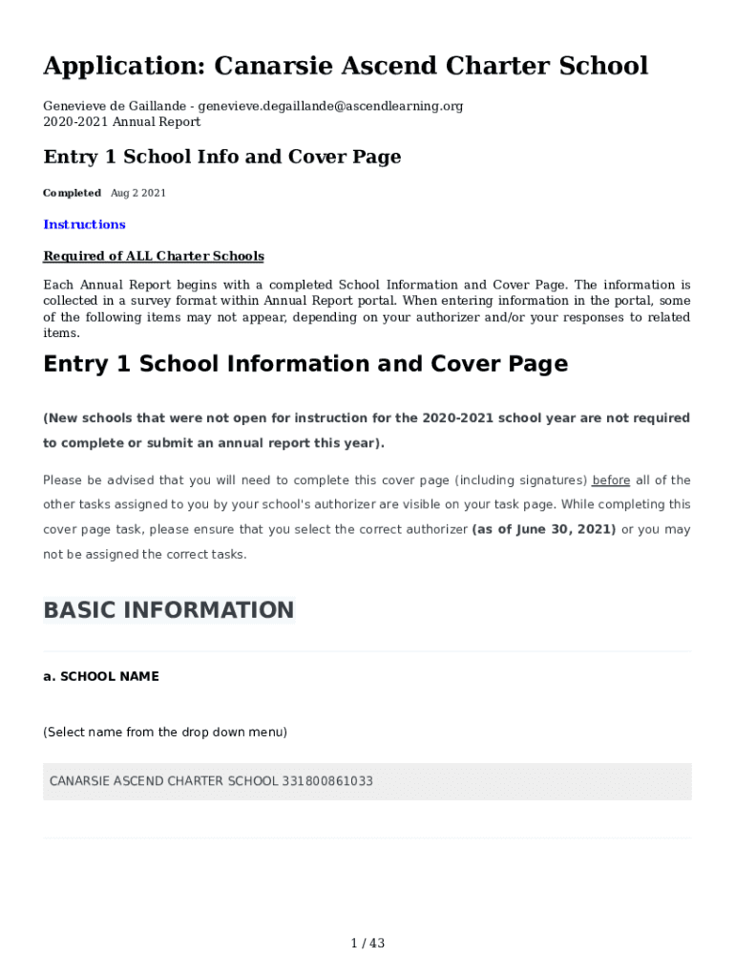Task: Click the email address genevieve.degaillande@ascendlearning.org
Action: pyautogui.click(x=330, y=106)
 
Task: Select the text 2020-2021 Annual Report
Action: pyautogui.click(x=121, y=121)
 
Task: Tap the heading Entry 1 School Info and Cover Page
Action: pyautogui.click(x=221, y=157)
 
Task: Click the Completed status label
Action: pyautogui.click(x=72, y=193)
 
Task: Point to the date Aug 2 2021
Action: pyautogui.click(x=138, y=193)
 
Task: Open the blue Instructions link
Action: pyautogui.click(x=84, y=224)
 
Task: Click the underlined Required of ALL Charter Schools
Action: pyautogui.click(x=153, y=256)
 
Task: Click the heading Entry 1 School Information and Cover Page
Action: pyautogui.click(x=305, y=364)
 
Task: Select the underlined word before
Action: pyautogui.click(x=611, y=480)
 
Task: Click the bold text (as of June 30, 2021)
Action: pyautogui.click(x=544, y=529)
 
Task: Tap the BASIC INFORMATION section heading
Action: pyautogui.click(x=169, y=610)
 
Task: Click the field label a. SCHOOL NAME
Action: pyautogui.click(x=101, y=676)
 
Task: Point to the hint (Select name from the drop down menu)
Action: pyautogui.click(x=164, y=733)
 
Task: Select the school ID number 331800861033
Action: pyautogui.click(x=327, y=781)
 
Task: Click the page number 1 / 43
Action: pyautogui.click(x=367, y=944)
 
